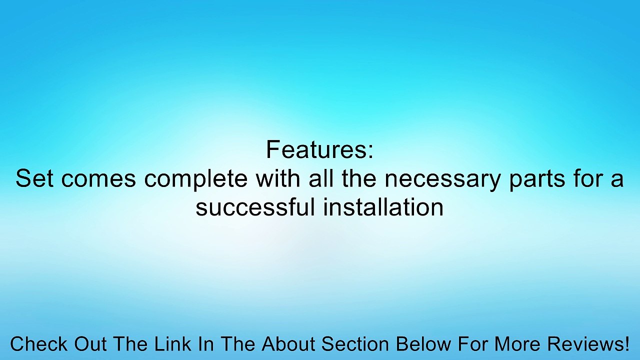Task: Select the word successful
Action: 255,206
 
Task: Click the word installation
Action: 383,206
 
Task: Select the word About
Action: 289,344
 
